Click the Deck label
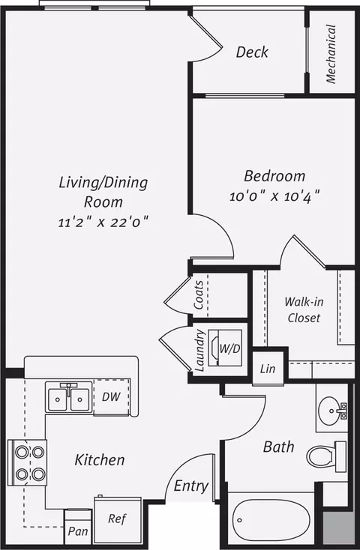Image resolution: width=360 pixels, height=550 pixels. (252, 52)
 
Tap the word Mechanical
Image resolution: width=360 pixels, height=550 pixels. (331, 54)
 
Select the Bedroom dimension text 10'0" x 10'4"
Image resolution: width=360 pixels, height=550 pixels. (274, 196)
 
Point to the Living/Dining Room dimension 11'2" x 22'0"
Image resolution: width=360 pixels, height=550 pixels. (103, 222)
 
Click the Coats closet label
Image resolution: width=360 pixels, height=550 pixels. (199, 294)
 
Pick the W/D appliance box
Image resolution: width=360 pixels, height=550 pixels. (225, 348)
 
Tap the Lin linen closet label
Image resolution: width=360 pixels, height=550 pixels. (268, 369)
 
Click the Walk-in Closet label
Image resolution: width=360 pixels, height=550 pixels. (304, 309)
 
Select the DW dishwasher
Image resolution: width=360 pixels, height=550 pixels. (112, 397)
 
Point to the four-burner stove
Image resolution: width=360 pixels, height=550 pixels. (28, 462)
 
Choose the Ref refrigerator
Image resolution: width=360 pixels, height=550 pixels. (118, 520)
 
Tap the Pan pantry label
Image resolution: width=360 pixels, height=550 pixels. (77, 531)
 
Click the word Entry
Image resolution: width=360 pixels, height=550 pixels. (191, 486)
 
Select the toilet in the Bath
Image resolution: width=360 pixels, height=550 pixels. (326, 456)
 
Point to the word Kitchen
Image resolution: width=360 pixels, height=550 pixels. (100, 460)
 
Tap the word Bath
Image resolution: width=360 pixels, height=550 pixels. (278, 447)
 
